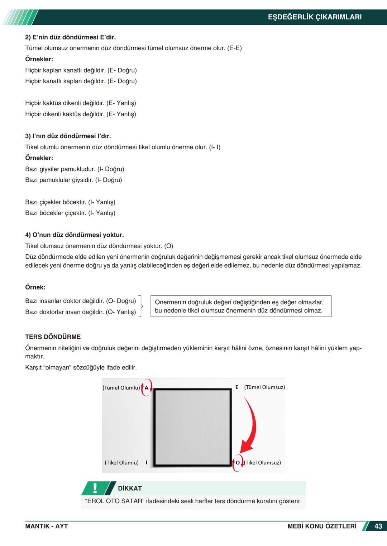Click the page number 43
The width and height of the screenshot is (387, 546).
[x=378, y=526]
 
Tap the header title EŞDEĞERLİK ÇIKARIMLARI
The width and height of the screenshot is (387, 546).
[x=315, y=17]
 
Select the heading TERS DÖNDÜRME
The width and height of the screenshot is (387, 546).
[x=53, y=337]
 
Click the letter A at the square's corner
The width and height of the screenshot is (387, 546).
[x=147, y=388]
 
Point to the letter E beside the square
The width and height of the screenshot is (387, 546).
[x=236, y=387]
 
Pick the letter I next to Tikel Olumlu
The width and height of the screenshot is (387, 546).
[x=146, y=463]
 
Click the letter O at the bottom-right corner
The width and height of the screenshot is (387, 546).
[x=238, y=463]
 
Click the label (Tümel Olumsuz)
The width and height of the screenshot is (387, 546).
[x=264, y=387]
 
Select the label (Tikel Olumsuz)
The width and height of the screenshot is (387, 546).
[x=263, y=463]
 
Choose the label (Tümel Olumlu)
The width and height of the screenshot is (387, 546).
[x=121, y=388]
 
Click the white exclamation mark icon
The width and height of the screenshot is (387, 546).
[x=95, y=488]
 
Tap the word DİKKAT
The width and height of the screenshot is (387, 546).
[x=130, y=488]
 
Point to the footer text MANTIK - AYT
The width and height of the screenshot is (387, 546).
[x=46, y=526]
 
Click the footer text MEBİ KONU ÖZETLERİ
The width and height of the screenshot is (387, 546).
[x=322, y=526]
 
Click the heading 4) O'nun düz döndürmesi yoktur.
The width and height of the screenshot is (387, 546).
[x=74, y=235]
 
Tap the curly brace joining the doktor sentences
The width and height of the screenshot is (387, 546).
[x=141, y=306]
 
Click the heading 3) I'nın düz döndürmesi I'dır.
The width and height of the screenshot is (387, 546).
[x=68, y=136]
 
